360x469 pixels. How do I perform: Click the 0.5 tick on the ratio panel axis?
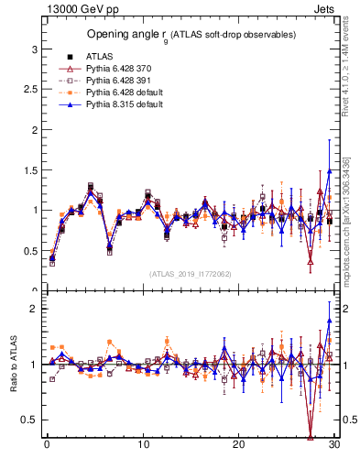(29, 420)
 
